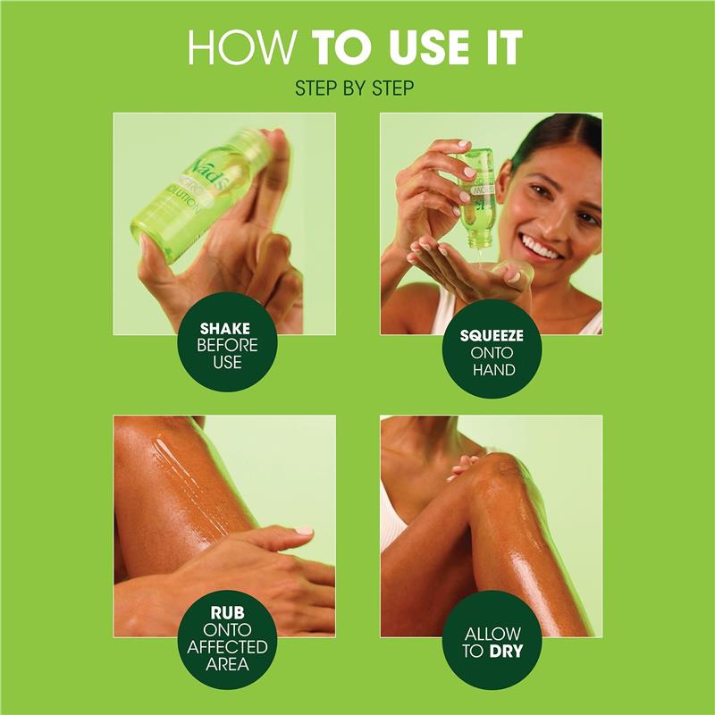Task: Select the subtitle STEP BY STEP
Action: [x=357, y=89]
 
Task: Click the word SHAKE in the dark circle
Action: [x=224, y=328]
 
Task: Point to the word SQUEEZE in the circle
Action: [x=491, y=337]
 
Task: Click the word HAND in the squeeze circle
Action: [x=491, y=369]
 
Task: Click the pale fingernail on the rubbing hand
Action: [x=304, y=531]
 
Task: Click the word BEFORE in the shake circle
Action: [x=224, y=344]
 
